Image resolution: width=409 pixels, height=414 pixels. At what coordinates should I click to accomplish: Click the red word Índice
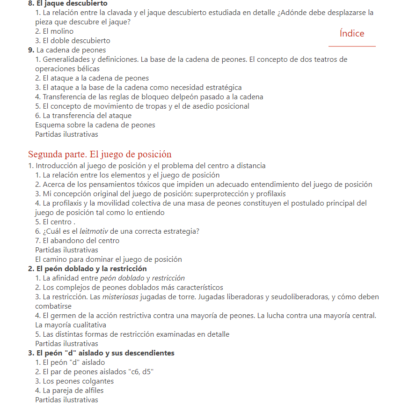coord(352,33)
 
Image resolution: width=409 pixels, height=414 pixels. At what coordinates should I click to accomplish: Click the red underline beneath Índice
coord(352,46)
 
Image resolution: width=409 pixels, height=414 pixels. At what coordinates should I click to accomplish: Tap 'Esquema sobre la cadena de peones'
coord(95,125)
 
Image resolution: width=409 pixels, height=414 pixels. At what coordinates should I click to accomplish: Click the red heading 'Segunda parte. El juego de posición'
coord(100,154)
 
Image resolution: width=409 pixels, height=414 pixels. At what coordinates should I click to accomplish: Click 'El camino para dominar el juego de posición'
coord(109,259)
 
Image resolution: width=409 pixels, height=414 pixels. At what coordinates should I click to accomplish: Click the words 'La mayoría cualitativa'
coord(71,325)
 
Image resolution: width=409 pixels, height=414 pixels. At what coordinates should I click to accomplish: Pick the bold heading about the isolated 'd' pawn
coord(101,353)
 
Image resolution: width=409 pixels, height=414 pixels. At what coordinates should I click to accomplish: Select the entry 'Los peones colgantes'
coord(74,381)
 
